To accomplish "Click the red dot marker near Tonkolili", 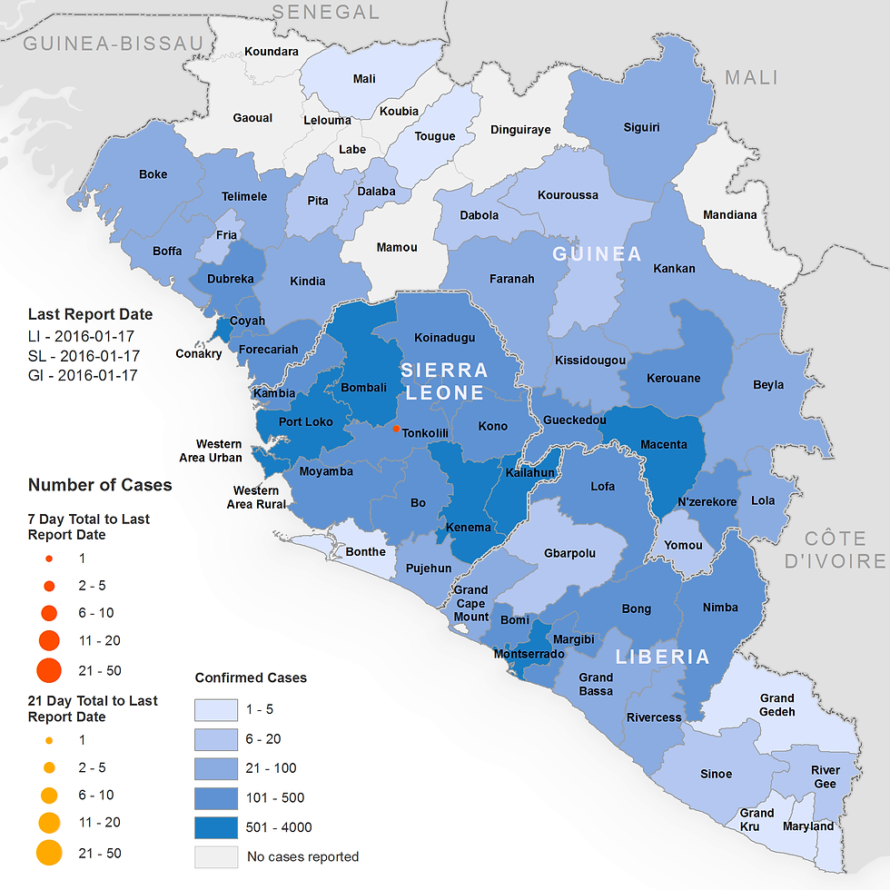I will (396, 428).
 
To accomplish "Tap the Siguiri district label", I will (641, 127).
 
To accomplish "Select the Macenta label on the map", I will (664, 444).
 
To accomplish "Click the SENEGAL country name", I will (326, 12).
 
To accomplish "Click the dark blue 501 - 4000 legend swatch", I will (216, 826).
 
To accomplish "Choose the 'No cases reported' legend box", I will (216, 856).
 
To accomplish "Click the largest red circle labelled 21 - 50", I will (49, 670).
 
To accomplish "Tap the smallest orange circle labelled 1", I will (49, 739).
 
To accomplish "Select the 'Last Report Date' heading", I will (90, 314).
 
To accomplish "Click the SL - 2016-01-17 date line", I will (83, 356).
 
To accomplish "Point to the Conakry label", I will (198, 353).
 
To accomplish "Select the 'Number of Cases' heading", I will (100, 485).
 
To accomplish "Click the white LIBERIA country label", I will (662, 657).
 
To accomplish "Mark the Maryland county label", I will (808, 826).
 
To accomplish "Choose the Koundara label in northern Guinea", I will (272, 52).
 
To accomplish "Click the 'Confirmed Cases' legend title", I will (251, 677).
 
